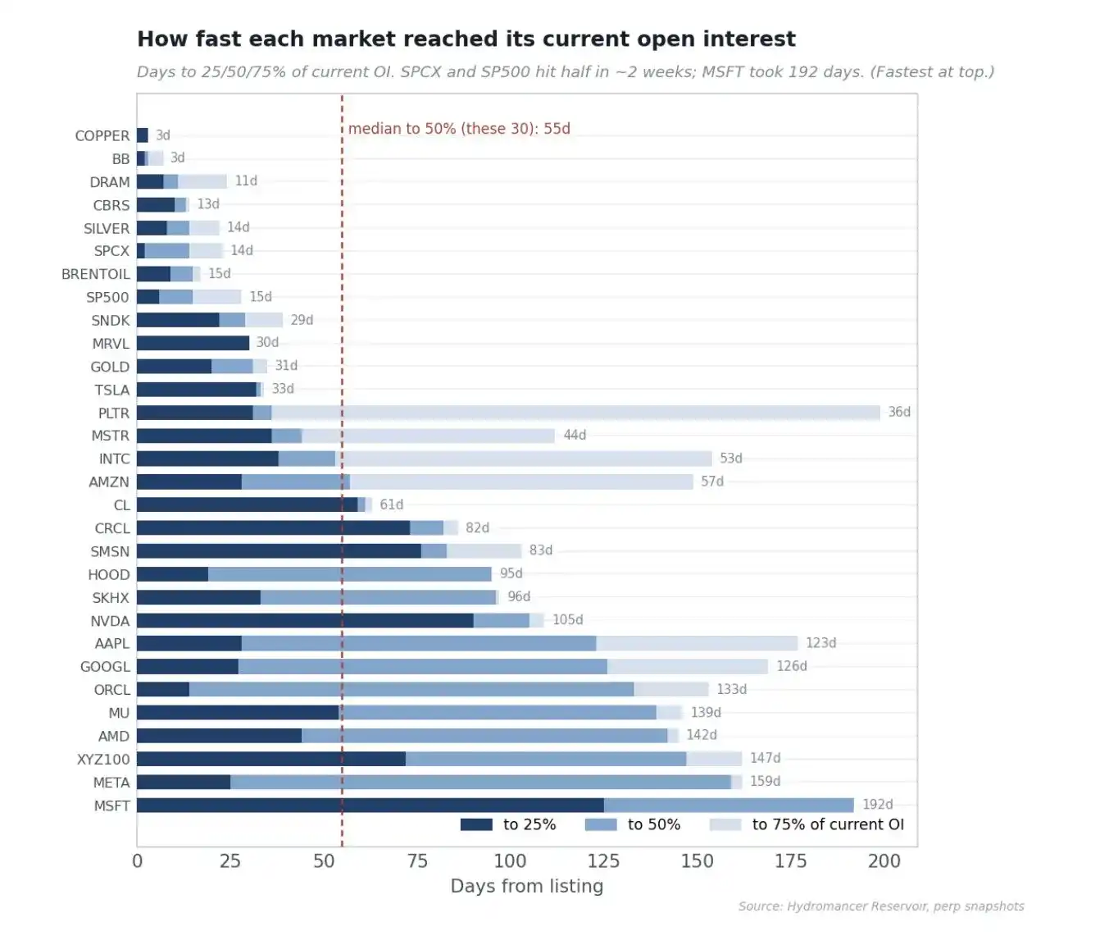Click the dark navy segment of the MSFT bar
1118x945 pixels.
point(370,805)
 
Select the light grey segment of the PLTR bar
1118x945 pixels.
point(575,412)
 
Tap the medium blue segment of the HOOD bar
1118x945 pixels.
point(350,574)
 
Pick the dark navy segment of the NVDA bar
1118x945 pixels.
point(305,621)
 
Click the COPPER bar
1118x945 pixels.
point(143,135)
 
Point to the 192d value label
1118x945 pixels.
point(877,805)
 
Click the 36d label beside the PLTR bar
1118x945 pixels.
point(899,412)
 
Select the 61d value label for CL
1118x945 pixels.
point(392,504)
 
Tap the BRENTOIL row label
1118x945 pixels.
point(95,274)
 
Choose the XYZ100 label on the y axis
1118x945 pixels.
point(103,760)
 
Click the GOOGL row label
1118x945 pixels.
point(105,667)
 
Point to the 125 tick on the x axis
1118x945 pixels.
point(603,861)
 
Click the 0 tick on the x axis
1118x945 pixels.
point(138,861)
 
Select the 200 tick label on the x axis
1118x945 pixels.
point(884,861)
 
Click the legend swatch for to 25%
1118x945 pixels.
point(476,825)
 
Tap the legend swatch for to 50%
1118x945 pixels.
point(601,825)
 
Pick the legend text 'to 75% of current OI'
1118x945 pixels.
point(828,824)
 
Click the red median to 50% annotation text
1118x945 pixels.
point(459,129)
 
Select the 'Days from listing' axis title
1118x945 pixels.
point(527,886)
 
